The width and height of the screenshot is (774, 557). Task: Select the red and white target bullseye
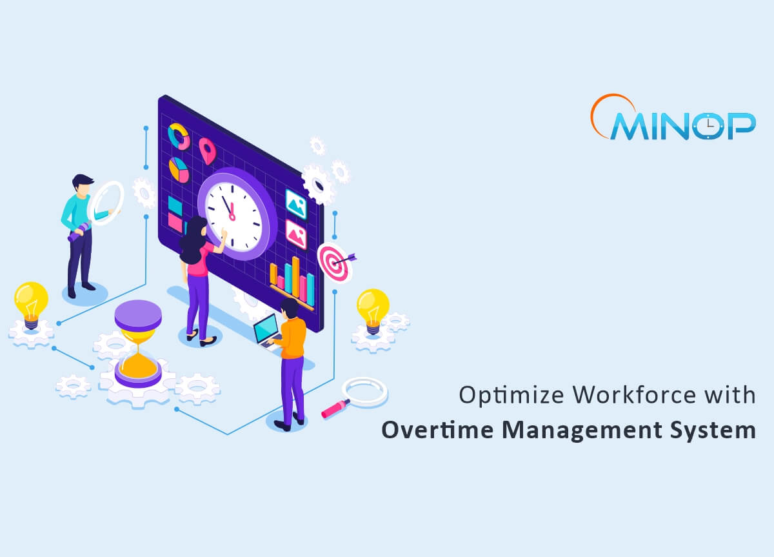click(x=333, y=261)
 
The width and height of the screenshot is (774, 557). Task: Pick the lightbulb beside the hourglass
click(x=31, y=303)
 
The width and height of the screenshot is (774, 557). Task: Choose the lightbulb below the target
click(x=373, y=309)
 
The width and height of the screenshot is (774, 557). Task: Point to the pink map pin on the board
click(x=206, y=150)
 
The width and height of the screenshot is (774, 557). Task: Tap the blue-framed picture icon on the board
click(x=296, y=203)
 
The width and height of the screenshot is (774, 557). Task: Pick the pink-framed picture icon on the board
click(x=296, y=234)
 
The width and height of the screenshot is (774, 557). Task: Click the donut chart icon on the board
click(x=178, y=136)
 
